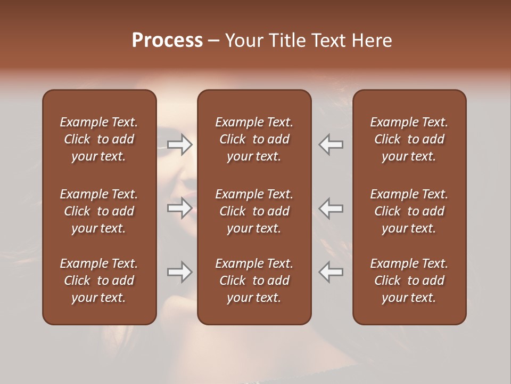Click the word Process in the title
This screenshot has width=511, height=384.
[x=167, y=41]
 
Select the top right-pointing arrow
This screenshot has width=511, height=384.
[x=180, y=145]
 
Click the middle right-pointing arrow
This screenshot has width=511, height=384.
[x=180, y=208]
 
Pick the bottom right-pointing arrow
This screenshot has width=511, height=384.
[x=180, y=272]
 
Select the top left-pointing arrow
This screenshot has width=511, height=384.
[x=331, y=145]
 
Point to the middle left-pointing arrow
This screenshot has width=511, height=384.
[x=331, y=208]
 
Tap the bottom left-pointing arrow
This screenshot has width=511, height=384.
[x=331, y=272]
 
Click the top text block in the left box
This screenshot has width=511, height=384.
[x=99, y=139]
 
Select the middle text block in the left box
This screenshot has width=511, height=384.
[x=99, y=211]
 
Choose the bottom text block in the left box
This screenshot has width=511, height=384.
[x=99, y=281]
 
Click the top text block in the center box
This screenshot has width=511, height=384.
[x=254, y=139]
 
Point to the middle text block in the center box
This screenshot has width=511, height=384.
[x=254, y=211]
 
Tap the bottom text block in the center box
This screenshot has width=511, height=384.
[x=254, y=281]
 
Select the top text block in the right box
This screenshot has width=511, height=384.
[x=409, y=139]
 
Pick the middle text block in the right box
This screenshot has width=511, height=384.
[x=409, y=211]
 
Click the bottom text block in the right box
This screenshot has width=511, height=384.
[x=409, y=281]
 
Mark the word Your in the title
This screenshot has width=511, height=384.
[x=242, y=41]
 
